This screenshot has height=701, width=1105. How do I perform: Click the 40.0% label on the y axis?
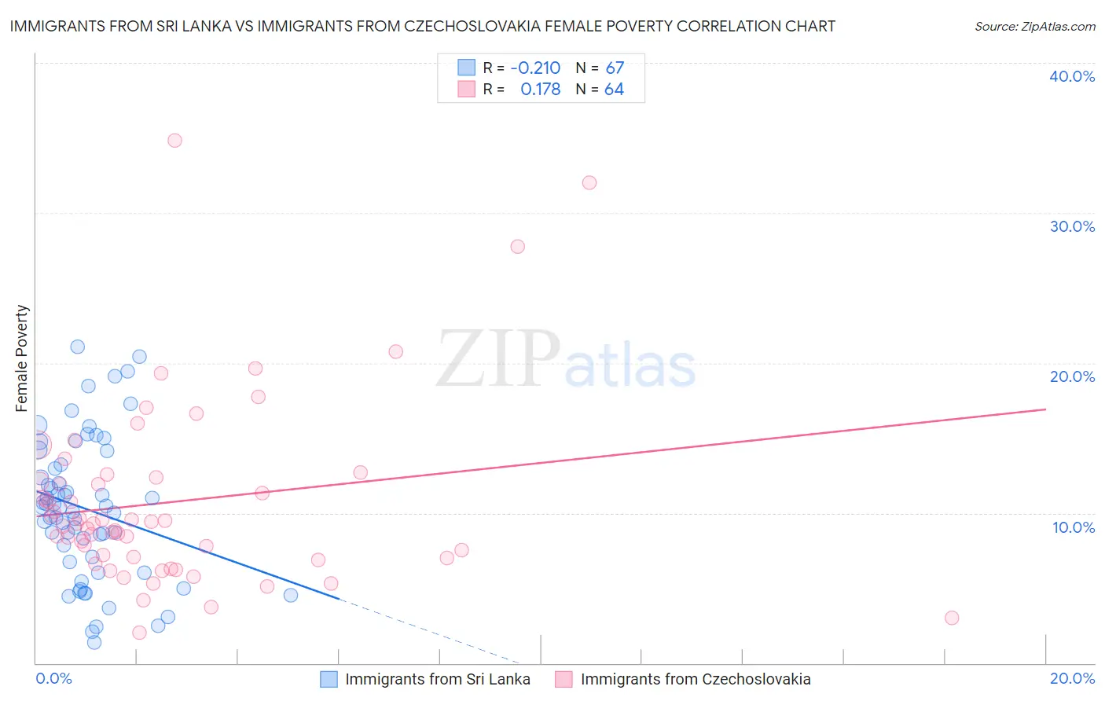1072,76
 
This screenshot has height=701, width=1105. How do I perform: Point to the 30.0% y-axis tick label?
1072,226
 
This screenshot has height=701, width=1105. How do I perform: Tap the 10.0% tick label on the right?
1074,527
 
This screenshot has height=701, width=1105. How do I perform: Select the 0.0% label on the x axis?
53,678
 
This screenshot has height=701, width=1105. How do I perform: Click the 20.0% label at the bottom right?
1072,678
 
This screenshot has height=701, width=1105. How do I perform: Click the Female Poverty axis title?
22,358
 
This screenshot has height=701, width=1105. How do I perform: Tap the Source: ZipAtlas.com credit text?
1034,26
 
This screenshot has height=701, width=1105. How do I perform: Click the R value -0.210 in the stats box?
535,68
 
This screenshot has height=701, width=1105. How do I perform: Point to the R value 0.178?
541,90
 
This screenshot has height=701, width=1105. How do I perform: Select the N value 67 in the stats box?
615,68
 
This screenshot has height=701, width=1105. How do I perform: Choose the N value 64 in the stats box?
614,90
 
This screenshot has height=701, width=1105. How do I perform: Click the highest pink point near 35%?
174,141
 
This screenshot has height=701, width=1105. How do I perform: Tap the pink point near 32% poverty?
589,183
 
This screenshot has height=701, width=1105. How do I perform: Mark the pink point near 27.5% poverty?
517,247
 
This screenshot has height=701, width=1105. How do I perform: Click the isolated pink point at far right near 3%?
952,618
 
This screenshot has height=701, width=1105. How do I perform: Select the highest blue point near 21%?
77,347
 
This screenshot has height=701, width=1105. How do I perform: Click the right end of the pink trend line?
1045,409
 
